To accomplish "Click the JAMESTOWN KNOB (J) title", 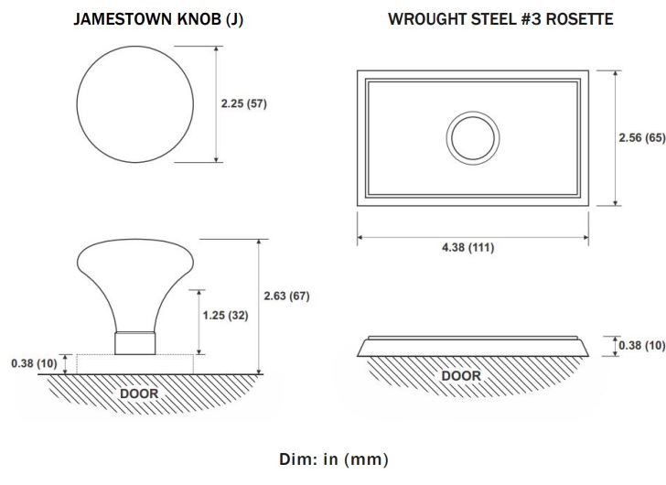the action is [x=158, y=19].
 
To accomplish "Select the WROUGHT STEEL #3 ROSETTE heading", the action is [x=500, y=19].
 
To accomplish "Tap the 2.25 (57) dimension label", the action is [x=243, y=103].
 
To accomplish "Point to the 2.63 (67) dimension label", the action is [x=286, y=296].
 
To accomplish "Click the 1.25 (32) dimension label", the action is [x=225, y=316].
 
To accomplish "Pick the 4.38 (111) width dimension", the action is [x=468, y=248].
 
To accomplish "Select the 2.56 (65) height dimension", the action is [x=642, y=138].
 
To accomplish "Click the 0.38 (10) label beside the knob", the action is [x=34, y=363].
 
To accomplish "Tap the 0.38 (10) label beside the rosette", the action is [x=642, y=346].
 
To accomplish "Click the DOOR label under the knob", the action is [x=139, y=393].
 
